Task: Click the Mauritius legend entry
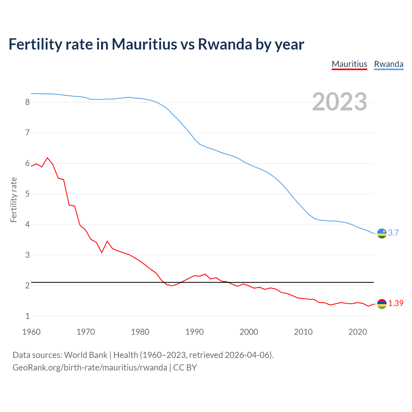(x=349, y=64)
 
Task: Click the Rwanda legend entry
(x=389, y=64)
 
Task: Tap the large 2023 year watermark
(x=339, y=102)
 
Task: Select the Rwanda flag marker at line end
(x=382, y=233)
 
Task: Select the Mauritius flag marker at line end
(x=382, y=304)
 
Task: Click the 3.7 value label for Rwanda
(x=393, y=233)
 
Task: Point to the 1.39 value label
(x=396, y=304)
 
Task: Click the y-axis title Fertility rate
(x=14, y=200)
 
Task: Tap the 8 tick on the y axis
(x=27, y=102)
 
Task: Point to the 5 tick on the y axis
(x=27, y=194)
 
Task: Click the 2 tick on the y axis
(x=27, y=286)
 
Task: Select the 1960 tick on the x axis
(x=31, y=332)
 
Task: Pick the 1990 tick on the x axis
(x=194, y=332)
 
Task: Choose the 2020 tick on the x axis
(x=358, y=332)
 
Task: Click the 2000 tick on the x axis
(x=249, y=332)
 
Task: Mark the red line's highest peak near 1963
(x=48, y=158)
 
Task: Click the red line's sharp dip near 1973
(x=102, y=253)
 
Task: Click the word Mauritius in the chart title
(x=144, y=44)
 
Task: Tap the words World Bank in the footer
(x=86, y=355)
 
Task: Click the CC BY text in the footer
(x=185, y=368)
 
